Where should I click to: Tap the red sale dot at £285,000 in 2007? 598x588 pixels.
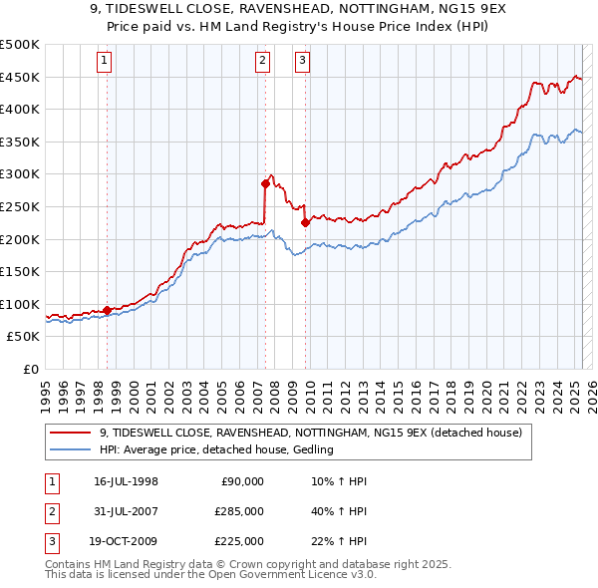pos(265,183)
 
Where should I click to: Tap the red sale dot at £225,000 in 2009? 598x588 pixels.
pos(305,223)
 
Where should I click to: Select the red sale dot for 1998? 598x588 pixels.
pos(107,310)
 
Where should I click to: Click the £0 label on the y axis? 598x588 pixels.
pos(30,369)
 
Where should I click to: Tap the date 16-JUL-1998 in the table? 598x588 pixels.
pos(127,481)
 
